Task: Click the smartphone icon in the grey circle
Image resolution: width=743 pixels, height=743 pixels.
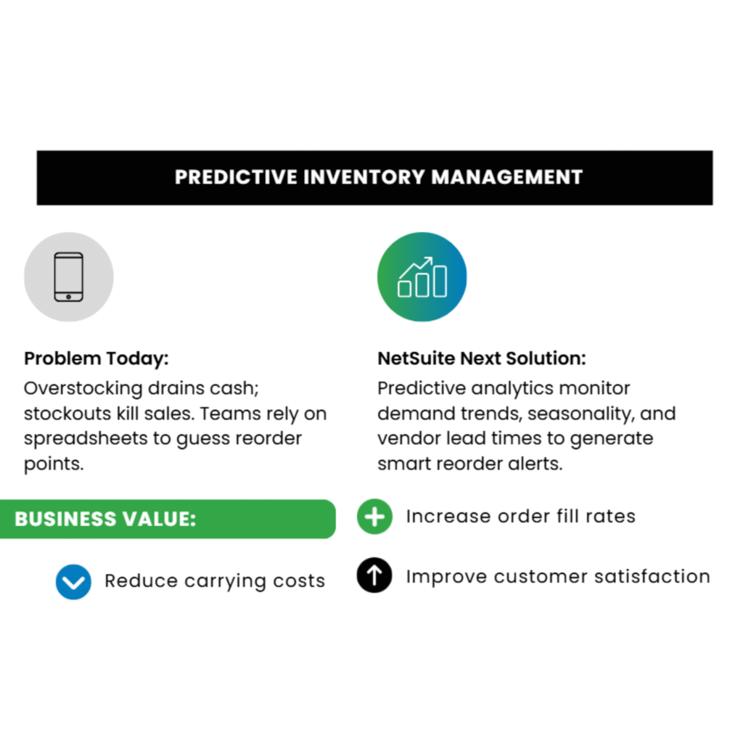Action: pyautogui.click(x=69, y=276)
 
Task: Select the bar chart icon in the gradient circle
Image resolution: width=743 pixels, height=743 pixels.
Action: pyautogui.click(x=422, y=276)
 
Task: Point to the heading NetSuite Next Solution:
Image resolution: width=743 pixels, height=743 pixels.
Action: pyautogui.click(x=481, y=358)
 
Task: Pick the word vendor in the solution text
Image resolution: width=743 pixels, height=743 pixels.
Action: pyautogui.click(x=408, y=438)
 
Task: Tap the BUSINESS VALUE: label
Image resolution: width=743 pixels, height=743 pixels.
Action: pyautogui.click(x=105, y=519)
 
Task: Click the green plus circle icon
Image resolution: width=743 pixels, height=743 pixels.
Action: pyautogui.click(x=374, y=517)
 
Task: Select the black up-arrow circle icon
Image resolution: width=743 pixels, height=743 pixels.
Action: pyautogui.click(x=374, y=576)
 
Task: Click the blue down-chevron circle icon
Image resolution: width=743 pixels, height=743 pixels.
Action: pyautogui.click(x=73, y=581)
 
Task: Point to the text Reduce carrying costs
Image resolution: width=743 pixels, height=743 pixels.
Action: pyautogui.click(x=214, y=581)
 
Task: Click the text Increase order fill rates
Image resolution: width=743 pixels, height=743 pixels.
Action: pyautogui.click(x=520, y=517)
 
